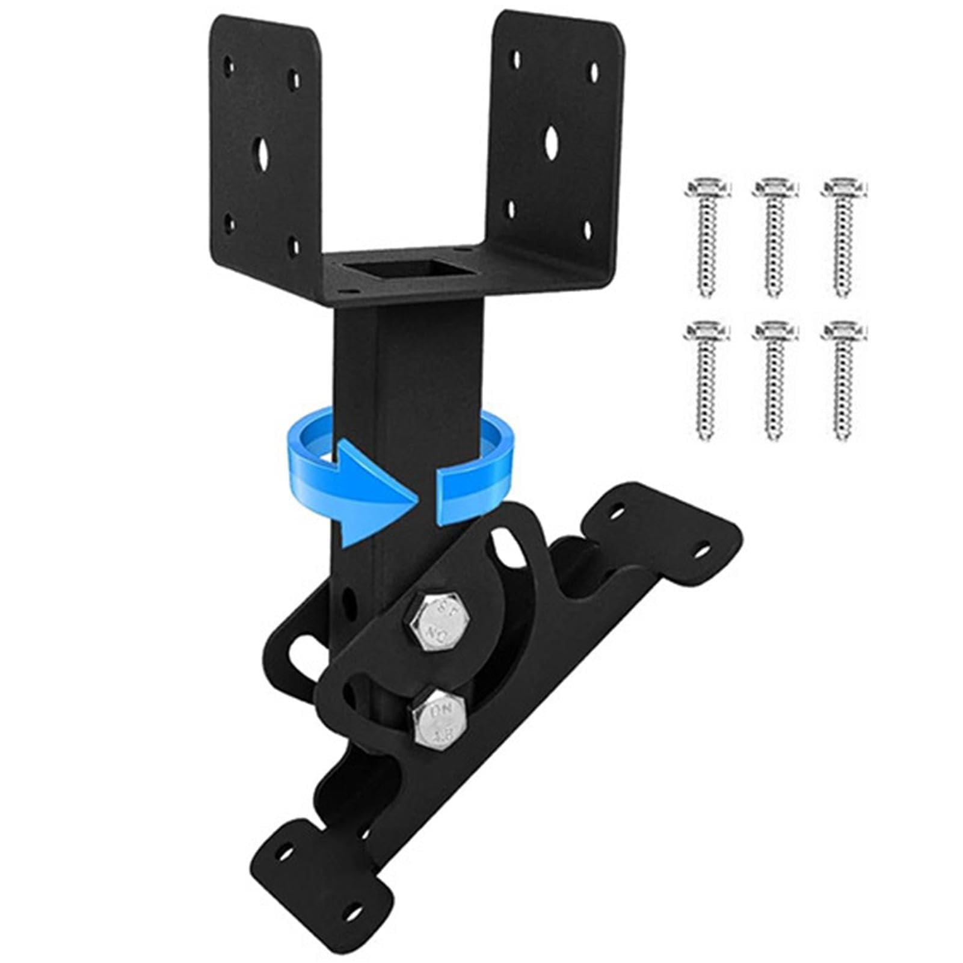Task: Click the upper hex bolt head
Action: tap(440, 621)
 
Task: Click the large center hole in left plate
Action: tap(261, 154)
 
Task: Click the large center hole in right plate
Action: tap(552, 142)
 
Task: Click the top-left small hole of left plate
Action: tap(229, 66)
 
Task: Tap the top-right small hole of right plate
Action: tap(594, 73)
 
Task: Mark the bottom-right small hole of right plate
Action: tap(588, 230)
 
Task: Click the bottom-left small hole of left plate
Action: tap(229, 224)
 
